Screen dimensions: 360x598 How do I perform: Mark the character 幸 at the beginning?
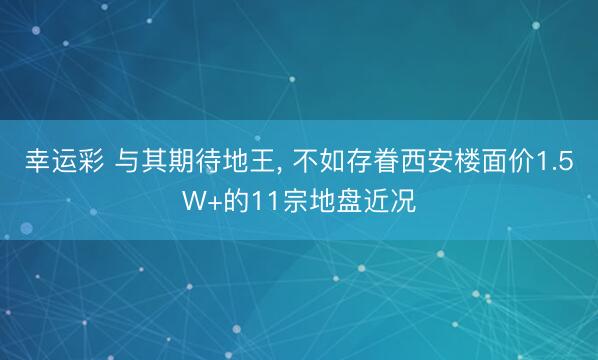(37, 164)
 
